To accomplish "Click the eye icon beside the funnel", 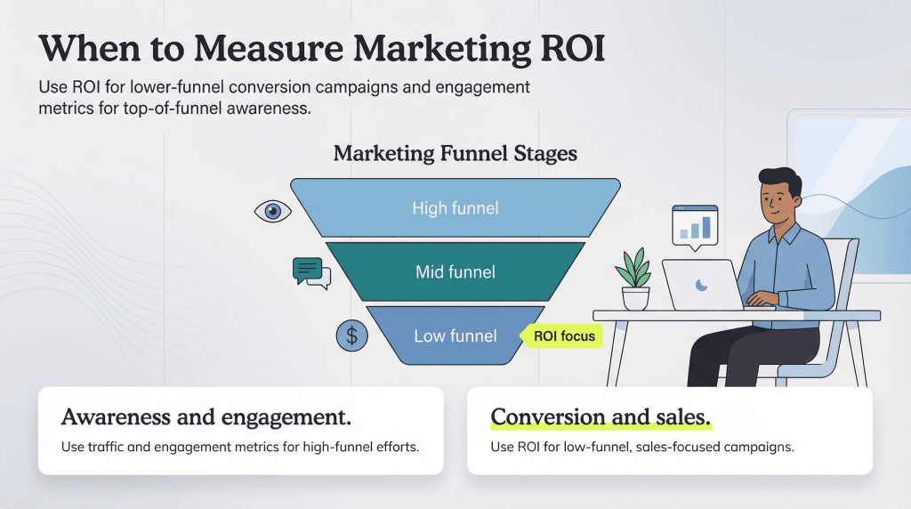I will point(273,211).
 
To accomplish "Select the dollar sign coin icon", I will point(351,335).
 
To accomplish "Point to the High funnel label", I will point(455,208).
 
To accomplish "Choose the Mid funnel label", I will point(455,271).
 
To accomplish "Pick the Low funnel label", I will point(455,336).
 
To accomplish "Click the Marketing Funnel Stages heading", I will point(455,153).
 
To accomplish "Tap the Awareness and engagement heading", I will point(206,416).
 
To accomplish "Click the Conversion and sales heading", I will point(601,416).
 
